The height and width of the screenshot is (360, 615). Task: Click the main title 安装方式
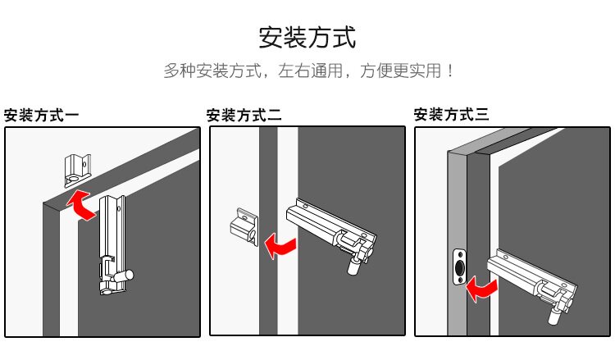point(307,37)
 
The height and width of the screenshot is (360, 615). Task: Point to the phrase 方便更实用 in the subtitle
point(399,71)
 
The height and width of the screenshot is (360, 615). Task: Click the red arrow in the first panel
point(80,204)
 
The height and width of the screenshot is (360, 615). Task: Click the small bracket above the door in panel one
point(78,168)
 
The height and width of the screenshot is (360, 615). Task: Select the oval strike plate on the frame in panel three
point(459,267)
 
